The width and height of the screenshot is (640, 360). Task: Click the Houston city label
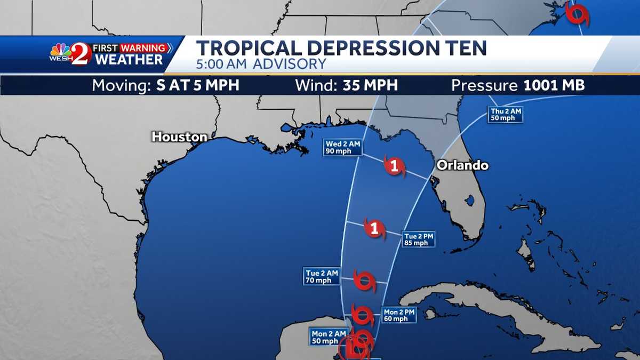point(179,137)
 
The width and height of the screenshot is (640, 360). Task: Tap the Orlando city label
point(462,165)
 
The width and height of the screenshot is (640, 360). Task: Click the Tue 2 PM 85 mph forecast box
point(418,239)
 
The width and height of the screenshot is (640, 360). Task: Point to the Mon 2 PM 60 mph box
point(399,315)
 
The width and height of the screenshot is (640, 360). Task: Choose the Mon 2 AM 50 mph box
point(325,337)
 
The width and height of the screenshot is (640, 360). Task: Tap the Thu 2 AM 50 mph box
point(504,115)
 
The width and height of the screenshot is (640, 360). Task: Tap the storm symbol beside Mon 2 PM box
point(363,315)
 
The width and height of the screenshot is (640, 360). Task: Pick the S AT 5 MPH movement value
point(198,85)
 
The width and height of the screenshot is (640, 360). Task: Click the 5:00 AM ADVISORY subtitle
point(261,65)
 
